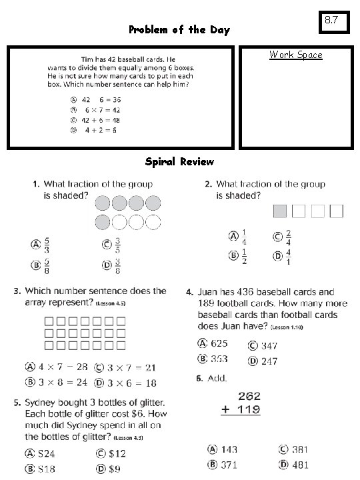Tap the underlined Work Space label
(295, 55)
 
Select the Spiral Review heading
(180, 162)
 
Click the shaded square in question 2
(280, 211)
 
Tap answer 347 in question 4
(269, 345)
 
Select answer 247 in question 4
(269, 361)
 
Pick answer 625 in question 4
(219, 344)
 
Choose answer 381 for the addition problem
(297, 449)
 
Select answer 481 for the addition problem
(297, 464)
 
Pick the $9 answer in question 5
(114, 469)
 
